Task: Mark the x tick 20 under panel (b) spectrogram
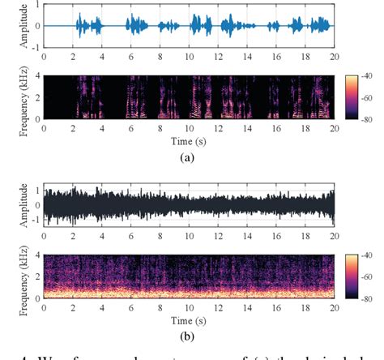[x=334, y=306]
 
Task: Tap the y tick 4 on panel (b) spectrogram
[x=36, y=256]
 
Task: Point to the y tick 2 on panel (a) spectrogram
[x=36, y=99]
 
